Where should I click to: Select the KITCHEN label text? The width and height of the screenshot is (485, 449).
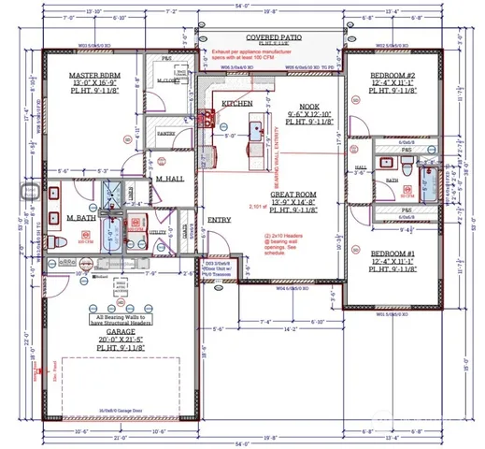coord(237,103)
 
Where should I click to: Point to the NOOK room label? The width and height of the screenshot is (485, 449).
coord(309,108)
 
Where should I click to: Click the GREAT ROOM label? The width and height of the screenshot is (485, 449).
coord(296,194)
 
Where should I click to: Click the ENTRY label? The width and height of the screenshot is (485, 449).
coord(220,220)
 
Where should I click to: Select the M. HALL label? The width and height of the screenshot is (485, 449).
coord(168,179)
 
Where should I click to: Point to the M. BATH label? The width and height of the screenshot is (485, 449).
coord(82,218)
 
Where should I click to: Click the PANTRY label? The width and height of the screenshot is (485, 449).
coord(166,134)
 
